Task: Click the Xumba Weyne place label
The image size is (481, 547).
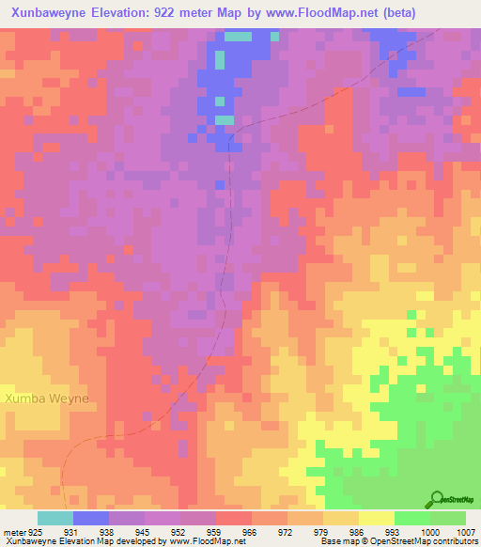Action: click(x=47, y=399)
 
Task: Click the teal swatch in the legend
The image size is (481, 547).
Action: click(x=54, y=518)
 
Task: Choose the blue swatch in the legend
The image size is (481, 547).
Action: click(x=90, y=518)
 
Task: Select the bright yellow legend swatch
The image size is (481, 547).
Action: click(x=376, y=518)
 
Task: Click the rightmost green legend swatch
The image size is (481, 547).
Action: click(x=447, y=518)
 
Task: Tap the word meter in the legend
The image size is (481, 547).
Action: click(x=14, y=531)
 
